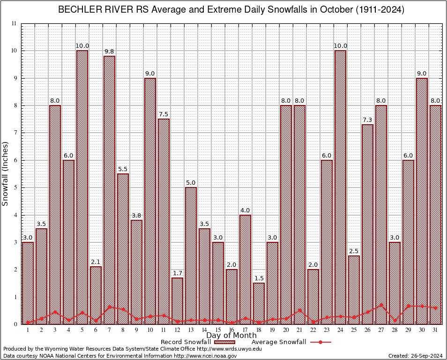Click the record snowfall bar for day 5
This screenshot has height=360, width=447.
coord(82,187)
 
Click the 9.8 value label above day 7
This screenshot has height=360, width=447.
coord(109,52)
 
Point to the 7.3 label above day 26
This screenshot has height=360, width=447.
coord(368,120)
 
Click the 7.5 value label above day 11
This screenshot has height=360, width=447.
coord(164,115)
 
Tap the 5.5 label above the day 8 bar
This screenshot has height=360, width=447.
coord(123,170)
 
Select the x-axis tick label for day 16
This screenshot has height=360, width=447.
coord(232,330)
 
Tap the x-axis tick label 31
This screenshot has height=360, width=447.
coord(436,330)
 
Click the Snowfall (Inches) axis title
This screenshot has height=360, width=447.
coord(6,174)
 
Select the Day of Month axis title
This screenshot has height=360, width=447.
coord(231,336)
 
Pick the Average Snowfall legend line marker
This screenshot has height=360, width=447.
coord(320,342)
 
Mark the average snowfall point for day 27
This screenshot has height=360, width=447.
coord(381,305)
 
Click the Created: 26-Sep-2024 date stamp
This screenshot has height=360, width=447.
coord(415,356)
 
